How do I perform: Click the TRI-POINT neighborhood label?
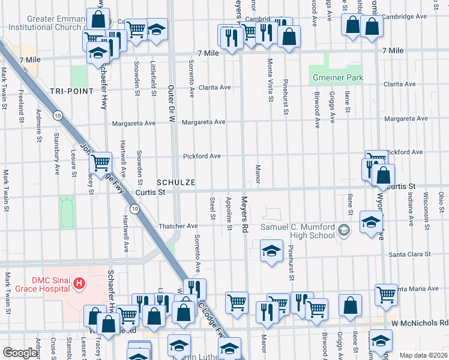(71, 91)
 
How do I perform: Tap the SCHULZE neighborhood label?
(175, 182)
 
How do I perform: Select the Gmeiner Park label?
(337, 78)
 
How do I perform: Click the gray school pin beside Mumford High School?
(343, 230)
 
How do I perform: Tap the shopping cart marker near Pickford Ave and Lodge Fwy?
(101, 161)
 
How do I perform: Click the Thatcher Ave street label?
(178, 226)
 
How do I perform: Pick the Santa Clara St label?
(411, 254)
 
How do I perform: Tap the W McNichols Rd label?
(426, 323)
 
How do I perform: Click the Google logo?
(20, 353)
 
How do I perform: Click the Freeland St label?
(21, 101)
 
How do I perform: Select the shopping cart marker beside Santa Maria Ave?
(386, 294)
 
